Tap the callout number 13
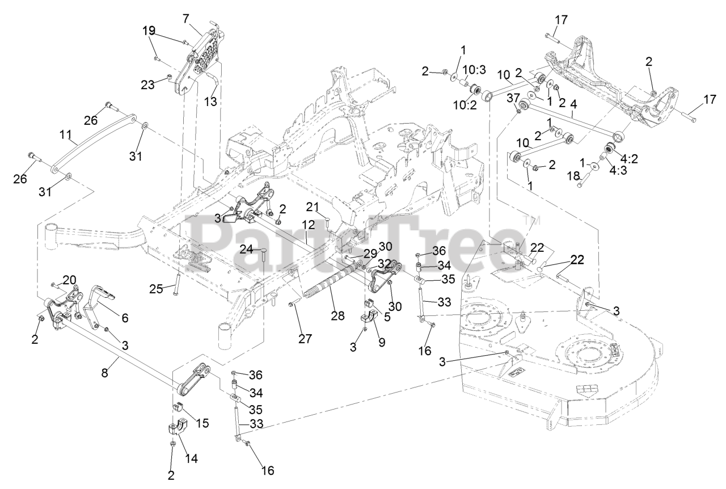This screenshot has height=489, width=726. click(210, 102)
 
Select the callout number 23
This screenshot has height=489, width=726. click(148, 85)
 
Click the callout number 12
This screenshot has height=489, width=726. click(309, 226)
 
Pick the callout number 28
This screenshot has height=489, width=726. click(338, 316)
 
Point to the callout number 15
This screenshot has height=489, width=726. click(202, 423)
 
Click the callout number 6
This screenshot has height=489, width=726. click(124, 318)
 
